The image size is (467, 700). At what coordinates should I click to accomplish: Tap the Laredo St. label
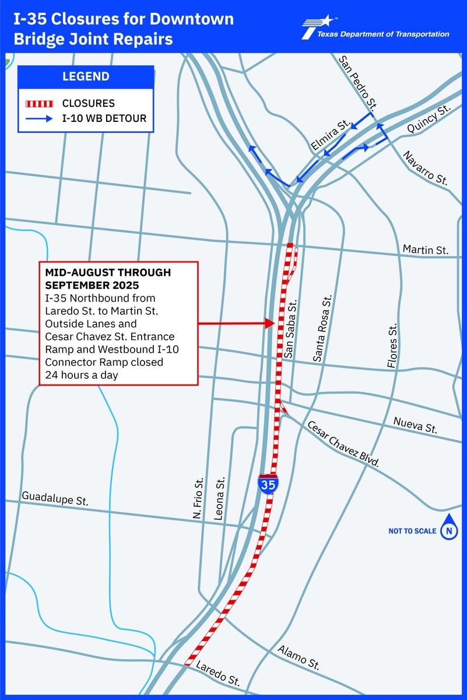[x=217, y=673]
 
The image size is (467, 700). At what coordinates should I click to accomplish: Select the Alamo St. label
[x=299, y=657]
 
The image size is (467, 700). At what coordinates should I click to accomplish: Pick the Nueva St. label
[x=415, y=425]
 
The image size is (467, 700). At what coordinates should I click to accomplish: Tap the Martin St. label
[x=426, y=250]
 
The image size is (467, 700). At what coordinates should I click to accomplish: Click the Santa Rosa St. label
[x=324, y=328]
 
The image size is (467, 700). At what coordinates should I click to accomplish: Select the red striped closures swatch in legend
[x=40, y=104]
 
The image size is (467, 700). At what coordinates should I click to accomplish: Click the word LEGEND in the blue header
[x=86, y=76]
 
